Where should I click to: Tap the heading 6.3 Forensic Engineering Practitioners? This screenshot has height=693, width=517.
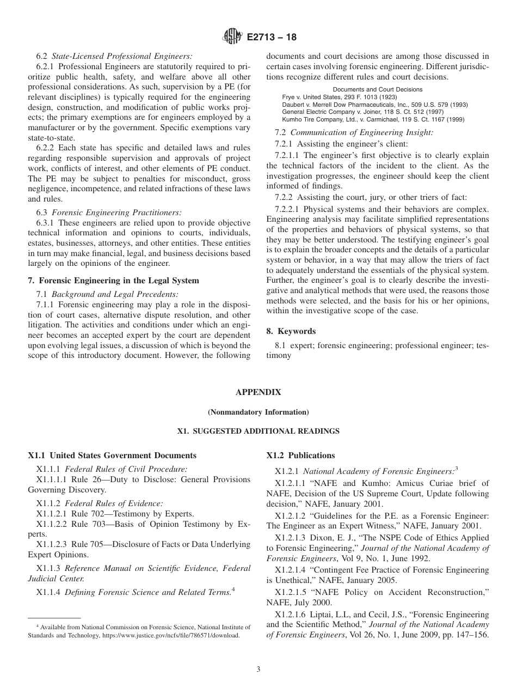click(x=109, y=212)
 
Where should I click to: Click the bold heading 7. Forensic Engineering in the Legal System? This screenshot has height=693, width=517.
click(x=113, y=281)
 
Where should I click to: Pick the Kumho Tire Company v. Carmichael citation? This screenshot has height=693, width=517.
click(x=373, y=119)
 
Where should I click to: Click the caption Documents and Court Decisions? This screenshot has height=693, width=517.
click(x=377, y=89)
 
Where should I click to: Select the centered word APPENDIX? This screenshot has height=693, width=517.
click(x=258, y=392)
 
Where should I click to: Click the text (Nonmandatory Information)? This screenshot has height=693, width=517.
click(x=258, y=412)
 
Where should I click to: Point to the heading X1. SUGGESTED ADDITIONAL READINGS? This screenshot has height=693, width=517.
click(x=258, y=431)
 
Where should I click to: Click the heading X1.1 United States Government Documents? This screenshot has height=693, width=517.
click(x=112, y=455)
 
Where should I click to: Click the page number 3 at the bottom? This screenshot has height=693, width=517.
click(x=258, y=670)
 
